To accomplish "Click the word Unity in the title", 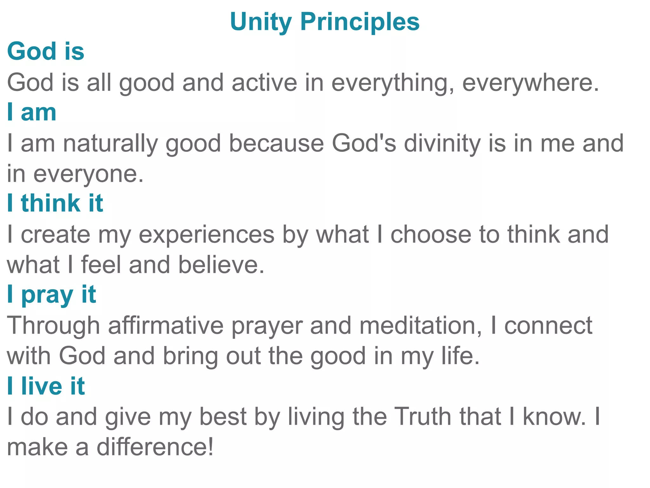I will click(x=261, y=22).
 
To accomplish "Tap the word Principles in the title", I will click(x=360, y=22).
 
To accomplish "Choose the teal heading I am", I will click(x=32, y=112).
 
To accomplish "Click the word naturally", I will click(x=110, y=143).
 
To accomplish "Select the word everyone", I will click(x=88, y=174).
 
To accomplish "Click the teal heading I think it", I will click(x=55, y=203).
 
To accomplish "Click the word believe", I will click(x=221, y=265).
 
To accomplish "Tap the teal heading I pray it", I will click(x=51, y=295).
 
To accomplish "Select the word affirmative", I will click(x=166, y=326).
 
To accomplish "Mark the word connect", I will click(x=548, y=326).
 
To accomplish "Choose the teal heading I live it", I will click(x=46, y=386).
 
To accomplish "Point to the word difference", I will click(x=155, y=447).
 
